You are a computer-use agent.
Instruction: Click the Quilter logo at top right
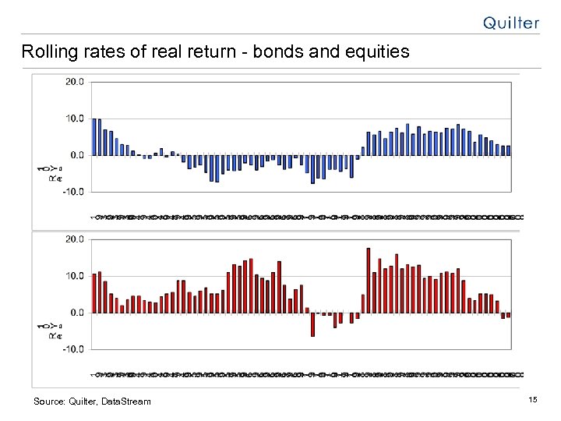510,23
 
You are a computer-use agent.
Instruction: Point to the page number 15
533,400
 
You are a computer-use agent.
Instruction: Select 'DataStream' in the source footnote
124,402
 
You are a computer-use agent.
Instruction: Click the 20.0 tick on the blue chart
75,82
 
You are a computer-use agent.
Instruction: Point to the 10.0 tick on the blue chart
75,119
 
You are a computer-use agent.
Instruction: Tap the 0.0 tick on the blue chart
77,154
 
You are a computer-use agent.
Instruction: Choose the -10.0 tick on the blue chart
74,191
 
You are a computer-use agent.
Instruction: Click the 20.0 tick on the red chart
75,239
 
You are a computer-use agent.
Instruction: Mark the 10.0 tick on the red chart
75,276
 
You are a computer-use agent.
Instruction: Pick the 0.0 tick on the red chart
77,312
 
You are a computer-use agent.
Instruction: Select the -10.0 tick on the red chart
74,349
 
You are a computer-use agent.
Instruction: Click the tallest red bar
369,280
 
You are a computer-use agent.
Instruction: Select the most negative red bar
312,324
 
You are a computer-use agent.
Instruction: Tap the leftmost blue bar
94,136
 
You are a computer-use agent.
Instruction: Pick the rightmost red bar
509,315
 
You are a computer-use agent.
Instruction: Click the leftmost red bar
94,293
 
